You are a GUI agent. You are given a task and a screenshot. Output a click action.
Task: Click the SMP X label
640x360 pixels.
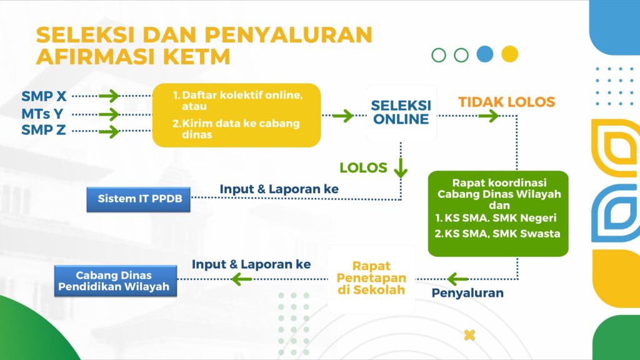tap(44, 96)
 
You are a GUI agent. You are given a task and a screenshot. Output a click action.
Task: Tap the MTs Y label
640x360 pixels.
tap(42, 114)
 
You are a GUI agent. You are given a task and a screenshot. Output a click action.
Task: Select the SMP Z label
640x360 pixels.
tap(43, 130)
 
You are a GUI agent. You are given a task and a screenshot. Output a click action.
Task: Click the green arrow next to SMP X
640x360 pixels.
tap(109, 96)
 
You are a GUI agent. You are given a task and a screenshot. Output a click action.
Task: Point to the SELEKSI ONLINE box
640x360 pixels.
tap(401, 112)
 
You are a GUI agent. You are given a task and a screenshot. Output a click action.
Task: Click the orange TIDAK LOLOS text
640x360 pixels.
tap(506, 102)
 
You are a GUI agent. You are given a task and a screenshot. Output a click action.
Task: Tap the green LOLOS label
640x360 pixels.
tap(363, 167)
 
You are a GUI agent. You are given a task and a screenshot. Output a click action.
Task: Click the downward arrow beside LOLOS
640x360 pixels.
tap(401, 167)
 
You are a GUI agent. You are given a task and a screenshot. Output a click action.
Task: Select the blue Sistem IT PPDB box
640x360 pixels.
tap(138, 199)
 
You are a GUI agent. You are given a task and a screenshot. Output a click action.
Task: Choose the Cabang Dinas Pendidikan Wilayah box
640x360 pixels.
tap(116, 281)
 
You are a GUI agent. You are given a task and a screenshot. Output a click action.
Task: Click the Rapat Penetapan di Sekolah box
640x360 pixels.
tap(371, 279)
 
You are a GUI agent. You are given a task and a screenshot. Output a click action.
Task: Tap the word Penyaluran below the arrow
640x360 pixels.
tap(467, 293)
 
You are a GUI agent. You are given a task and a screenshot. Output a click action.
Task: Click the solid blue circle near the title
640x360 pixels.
tap(485, 54)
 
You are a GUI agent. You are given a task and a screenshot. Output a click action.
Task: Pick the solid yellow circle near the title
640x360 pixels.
tap(510, 54)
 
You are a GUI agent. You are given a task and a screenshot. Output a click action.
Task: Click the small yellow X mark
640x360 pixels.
tap(470, 335)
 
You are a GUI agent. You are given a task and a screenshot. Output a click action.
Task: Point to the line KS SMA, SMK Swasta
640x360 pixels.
tap(497, 234)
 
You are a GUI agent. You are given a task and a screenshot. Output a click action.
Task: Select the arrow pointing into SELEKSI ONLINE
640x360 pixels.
tap(343, 116)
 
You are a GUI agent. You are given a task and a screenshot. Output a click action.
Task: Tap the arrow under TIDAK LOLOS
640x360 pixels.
tap(489, 116)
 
